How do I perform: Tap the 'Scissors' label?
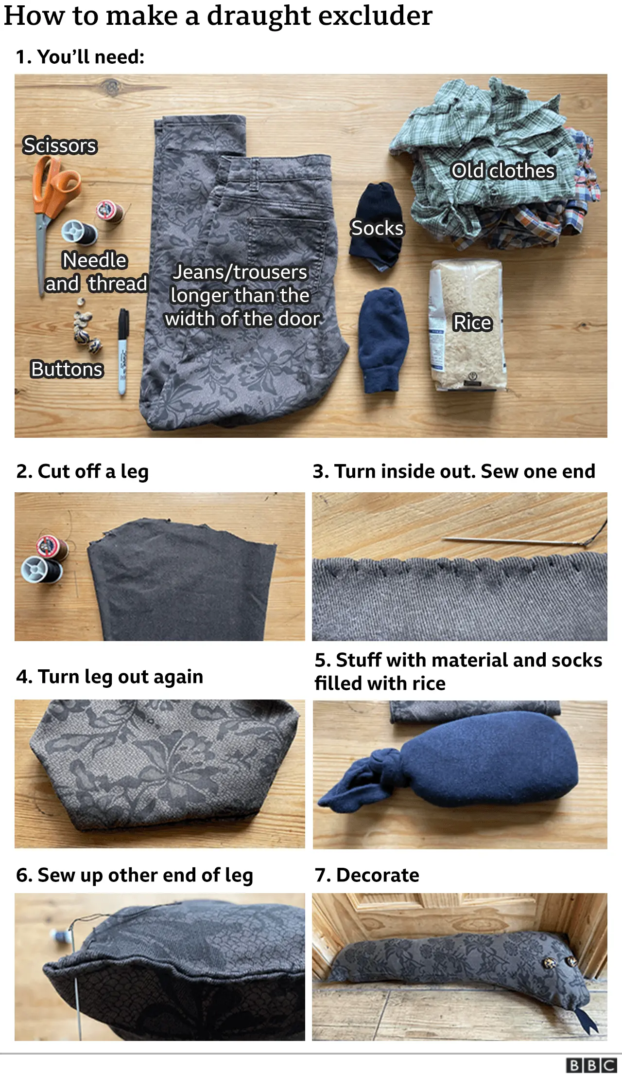(x=60, y=145)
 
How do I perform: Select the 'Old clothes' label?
(x=503, y=171)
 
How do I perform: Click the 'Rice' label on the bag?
(x=472, y=323)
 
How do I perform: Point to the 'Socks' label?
(x=377, y=228)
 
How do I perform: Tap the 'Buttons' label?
(x=67, y=369)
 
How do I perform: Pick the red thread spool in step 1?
(x=109, y=211)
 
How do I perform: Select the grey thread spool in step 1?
(x=79, y=232)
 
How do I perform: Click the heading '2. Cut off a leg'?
(x=82, y=471)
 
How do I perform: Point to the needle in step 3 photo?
(x=510, y=540)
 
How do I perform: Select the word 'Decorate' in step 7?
(x=378, y=875)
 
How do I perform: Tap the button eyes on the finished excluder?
(x=559, y=962)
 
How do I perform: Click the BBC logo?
(x=591, y=1065)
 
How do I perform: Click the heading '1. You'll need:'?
(x=80, y=57)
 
